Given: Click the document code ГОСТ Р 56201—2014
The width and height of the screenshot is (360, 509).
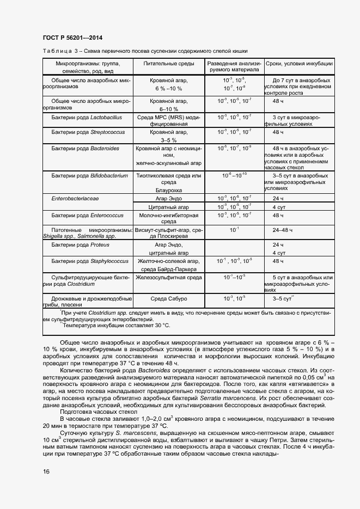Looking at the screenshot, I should tap(72, 38).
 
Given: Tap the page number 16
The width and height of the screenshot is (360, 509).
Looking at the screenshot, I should tap(46, 471).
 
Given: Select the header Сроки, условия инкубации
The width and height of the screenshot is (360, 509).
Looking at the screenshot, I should tap(299, 64).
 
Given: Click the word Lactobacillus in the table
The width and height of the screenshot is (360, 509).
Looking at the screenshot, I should tap(106, 117).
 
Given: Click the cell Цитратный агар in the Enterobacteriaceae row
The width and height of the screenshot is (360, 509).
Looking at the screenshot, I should tap(168, 207).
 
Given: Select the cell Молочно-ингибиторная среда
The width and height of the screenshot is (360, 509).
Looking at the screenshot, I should tap(168, 218).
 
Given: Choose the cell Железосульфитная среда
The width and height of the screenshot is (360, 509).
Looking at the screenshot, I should tap(168, 278).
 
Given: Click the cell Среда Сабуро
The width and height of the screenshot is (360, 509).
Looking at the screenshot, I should tap(168, 299).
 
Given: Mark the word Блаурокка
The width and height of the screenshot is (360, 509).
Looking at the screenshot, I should tap(168, 191).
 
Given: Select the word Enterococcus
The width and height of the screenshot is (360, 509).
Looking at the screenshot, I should tap(107, 215).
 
